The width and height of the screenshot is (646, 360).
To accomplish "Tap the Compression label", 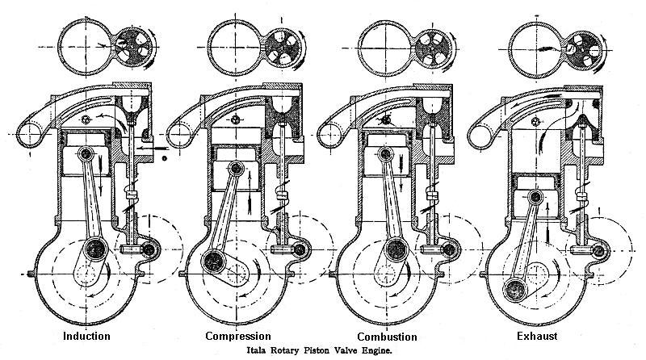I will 237,335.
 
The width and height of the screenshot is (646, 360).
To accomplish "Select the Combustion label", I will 387,335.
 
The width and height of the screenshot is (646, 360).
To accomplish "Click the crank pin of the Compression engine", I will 215,261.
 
